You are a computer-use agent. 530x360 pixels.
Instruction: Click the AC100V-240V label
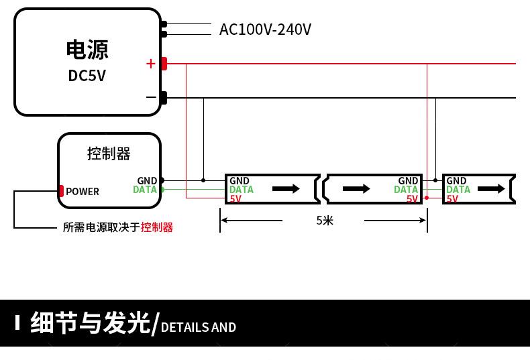tap(265, 29)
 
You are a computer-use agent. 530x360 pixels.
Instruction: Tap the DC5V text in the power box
tap(87, 76)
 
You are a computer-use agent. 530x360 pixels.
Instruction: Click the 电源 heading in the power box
tap(87, 50)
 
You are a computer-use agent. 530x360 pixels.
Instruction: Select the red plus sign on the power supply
tap(150, 64)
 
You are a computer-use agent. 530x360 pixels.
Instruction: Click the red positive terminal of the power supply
tap(164, 64)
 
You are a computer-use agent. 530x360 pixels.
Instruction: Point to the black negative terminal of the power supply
tap(163, 98)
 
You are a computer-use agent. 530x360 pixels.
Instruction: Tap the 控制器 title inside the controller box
tap(109, 154)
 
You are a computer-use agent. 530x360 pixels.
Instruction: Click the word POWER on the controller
tap(83, 192)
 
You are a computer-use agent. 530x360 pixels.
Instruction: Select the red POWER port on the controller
tap(61, 191)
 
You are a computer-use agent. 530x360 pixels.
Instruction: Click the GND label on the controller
tap(147, 181)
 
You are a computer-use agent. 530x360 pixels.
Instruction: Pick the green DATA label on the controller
tap(145, 190)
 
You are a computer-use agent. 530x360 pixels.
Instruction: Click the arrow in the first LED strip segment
tap(286, 189)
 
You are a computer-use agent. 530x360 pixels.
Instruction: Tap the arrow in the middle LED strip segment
tap(356, 189)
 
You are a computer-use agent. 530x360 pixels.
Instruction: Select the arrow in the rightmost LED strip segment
tap(492, 189)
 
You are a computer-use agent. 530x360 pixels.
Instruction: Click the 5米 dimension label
tap(325, 220)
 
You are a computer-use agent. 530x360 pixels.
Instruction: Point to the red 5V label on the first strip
tap(235, 198)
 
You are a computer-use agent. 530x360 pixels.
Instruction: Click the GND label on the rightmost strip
tap(456, 181)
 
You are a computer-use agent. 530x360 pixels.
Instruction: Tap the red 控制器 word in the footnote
tap(157, 227)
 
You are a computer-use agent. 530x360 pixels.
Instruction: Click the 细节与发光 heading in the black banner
tap(90, 323)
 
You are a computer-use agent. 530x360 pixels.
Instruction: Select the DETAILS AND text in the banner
tap(199, 327)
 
